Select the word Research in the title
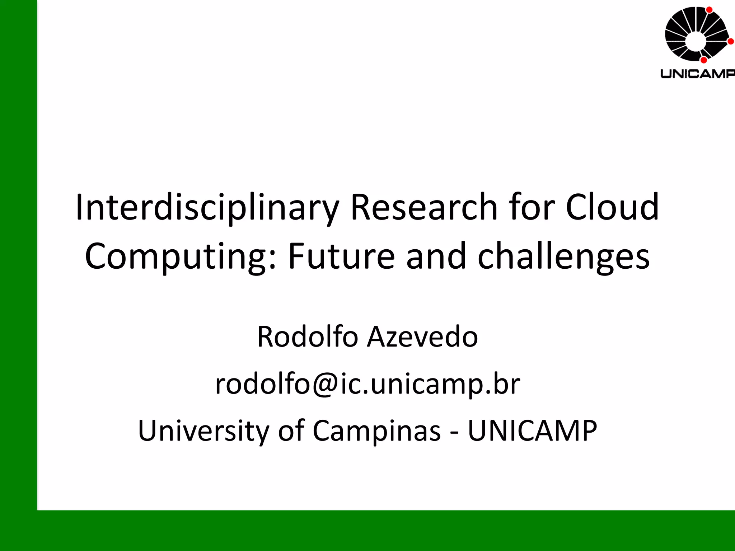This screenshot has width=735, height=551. [424, 207]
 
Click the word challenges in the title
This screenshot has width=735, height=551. [563, 257]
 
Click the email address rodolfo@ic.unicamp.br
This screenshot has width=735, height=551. [367, 384]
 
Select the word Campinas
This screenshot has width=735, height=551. [376, 430]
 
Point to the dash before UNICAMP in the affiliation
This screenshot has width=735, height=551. [454, 432]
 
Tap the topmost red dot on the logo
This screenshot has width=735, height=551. [709, 10]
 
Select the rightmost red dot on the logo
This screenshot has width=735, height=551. [731, 42]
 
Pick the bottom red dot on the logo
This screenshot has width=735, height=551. [704, 60]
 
